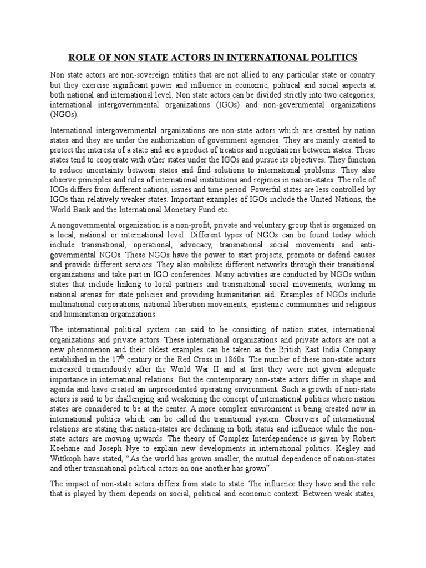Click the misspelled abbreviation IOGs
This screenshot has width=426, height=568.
coord(61,190)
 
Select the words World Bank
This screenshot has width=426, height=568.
coord(72,210)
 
